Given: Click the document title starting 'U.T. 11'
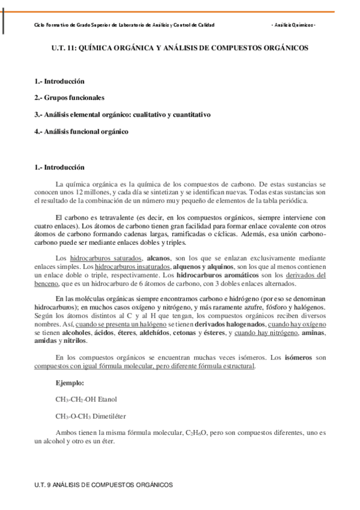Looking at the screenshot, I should tap(180, 46).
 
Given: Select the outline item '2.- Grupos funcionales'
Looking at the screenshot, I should tap(69, 97).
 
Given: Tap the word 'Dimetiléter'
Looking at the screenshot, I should tap(111, 416).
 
